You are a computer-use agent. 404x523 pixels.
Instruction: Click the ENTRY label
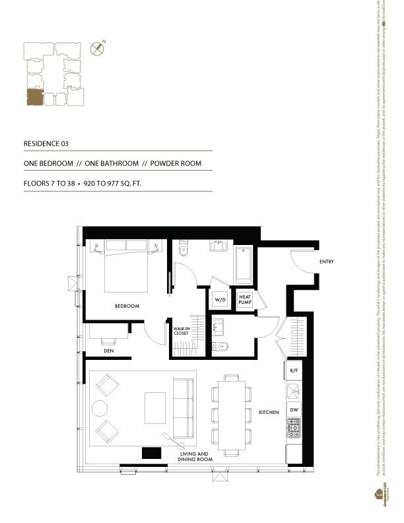[x=326, y=262]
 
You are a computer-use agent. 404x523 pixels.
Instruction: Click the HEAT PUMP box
[x=246, y=298]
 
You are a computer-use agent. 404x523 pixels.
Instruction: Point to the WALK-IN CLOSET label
[x=182, y=331]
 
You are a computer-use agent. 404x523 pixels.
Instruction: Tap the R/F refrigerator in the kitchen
[x=294, y=372]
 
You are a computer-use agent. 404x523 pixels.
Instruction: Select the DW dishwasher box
[x=294, y=410]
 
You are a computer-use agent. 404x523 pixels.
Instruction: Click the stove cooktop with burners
[x=294, y=431]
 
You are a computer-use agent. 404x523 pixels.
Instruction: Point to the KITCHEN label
[x=268, y=413]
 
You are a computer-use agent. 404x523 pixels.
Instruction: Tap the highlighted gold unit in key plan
[x=33, y=98]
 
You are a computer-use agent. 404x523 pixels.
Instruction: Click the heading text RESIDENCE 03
[x=46, y=143]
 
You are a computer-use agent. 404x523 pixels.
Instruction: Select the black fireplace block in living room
[x=152, y=452]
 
